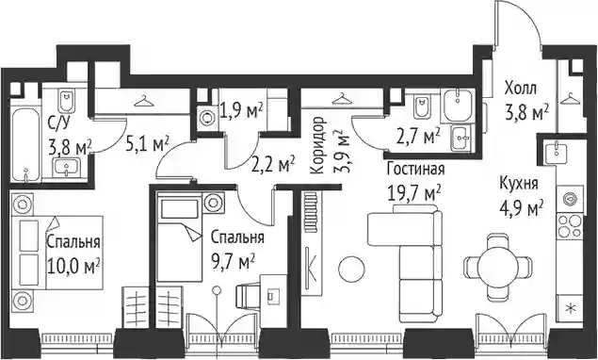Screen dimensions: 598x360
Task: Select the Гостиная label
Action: (x=415, y=170)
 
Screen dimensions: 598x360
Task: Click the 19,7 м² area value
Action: (x=414, y=193)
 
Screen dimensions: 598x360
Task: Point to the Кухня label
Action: (x=519, y=185)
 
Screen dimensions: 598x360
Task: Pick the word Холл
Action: (x=521, y=89)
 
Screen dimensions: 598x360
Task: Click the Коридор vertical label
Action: (x=317, y=145)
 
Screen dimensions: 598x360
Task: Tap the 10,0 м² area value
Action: (x=73, y=266)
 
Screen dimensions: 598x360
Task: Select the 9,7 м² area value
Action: (x=233, y=263)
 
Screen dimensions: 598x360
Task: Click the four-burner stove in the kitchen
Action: (x=571, y=225)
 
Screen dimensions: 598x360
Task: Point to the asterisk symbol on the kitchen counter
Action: (x=571, y=308)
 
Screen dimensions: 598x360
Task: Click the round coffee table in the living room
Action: (x=351, y=270)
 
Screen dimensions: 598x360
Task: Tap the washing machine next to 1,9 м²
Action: (x=207, y=118)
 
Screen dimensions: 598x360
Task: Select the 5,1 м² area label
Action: (x=148, y=144)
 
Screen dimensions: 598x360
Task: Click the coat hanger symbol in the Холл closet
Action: (x=570, y=99)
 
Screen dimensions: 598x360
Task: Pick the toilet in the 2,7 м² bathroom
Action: (x=423, y=106)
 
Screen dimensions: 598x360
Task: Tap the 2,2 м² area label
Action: (x=273, y=163)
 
